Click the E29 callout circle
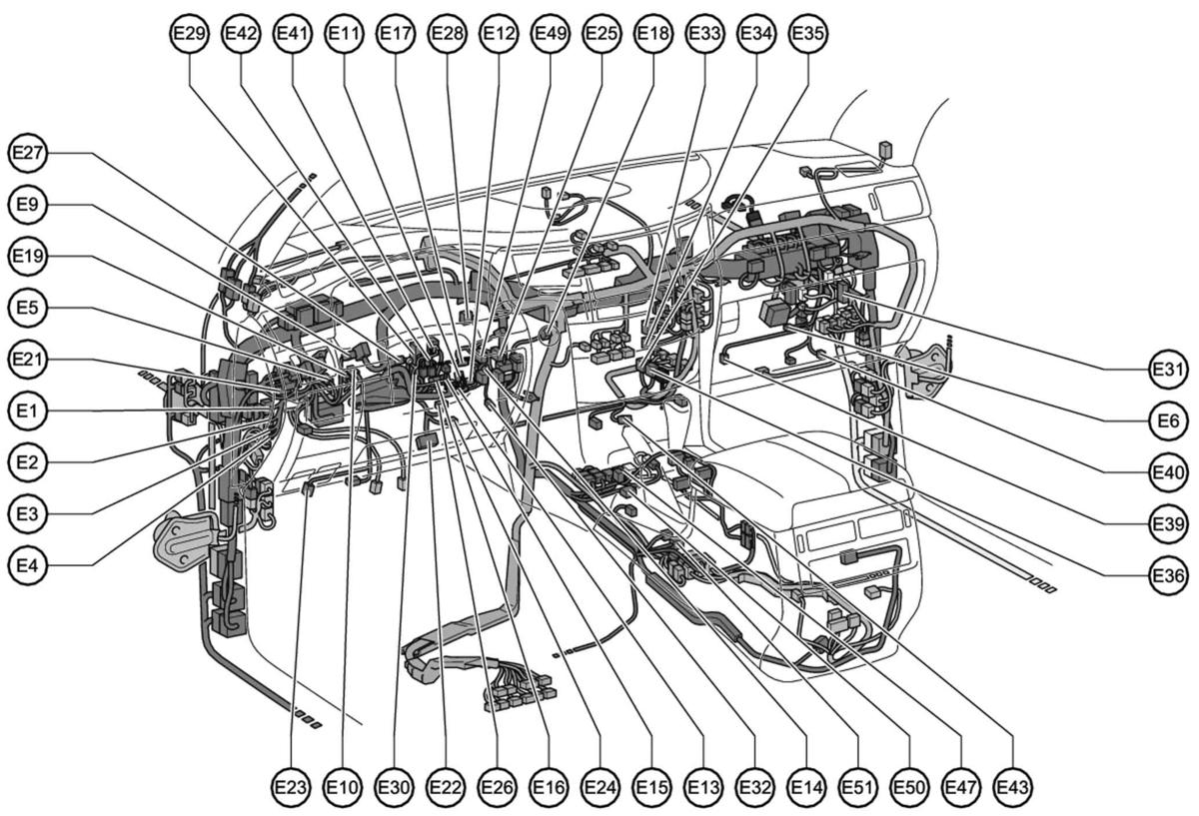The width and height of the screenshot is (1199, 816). (x=190, y=33)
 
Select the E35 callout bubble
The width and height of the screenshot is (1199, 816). (x=807, y=33)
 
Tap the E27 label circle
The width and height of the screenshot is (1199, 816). (x=27, y=153)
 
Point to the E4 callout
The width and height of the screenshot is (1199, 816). (x=27, y=565)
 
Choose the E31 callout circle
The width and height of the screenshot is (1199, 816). (x=1168, y=370)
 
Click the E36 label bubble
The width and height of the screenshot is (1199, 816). (x=1168, y=575)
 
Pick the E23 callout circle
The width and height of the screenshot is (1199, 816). (x=291, y=787)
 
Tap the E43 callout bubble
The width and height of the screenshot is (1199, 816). (x=1013, y=787)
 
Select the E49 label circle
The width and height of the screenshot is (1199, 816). (x=551, y=33)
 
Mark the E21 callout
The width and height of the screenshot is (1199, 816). (x=27, y=359)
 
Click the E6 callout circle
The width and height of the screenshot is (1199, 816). (x=1168, y=421)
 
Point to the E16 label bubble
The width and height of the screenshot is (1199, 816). (x=549, y=787)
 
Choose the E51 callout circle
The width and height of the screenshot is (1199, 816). (x=858, y=787)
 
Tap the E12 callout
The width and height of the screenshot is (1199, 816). (x=499, y=33)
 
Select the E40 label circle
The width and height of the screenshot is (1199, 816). (x=1168, y=472)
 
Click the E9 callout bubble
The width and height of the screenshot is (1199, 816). (x=27, y=205)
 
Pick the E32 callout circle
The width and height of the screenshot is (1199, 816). (x=754, y=787)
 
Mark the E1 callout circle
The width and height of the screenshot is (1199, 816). (x=27, y=410)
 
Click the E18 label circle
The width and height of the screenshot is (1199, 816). (x=653, y=33)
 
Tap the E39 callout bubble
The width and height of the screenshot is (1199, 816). (x=1168, y=523)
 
